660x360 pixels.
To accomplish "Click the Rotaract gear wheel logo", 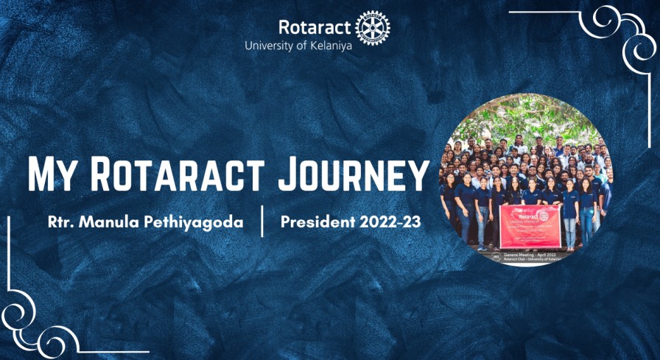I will pos(372,29).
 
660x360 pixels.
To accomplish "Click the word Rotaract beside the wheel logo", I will pos(315,27).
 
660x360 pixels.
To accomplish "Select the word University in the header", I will pos(269,46).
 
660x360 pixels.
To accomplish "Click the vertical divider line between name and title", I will pos(262,222).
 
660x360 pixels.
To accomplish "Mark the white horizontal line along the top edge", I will pos(545,12).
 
